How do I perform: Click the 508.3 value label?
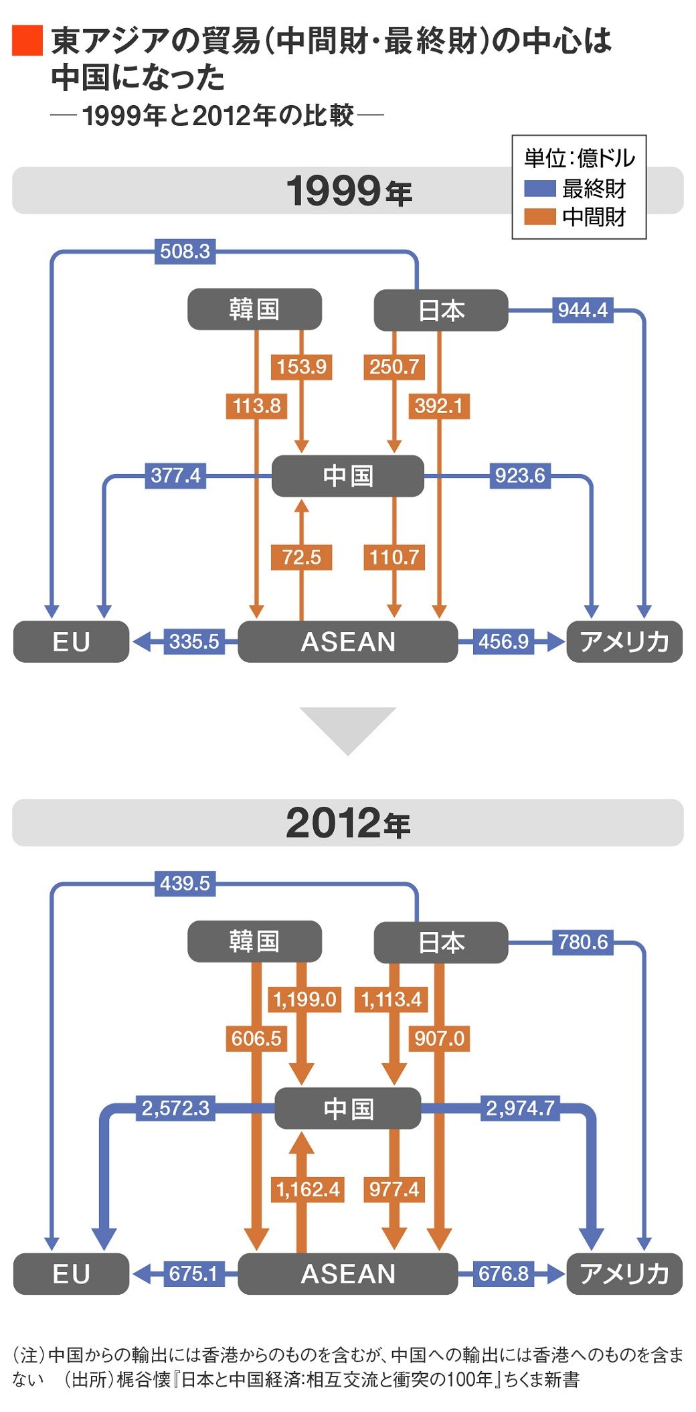point(185,252)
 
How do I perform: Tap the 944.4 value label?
point(582,310)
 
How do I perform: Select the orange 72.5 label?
point(301,557)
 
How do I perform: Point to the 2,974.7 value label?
point(520,1108)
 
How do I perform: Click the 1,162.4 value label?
point(308,1189)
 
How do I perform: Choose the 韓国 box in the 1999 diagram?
point(254,309)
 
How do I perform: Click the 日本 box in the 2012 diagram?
point(440,942)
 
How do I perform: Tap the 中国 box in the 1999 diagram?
point(347,476)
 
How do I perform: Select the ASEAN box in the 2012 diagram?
point(347,1273)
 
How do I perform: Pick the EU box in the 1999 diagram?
point(71,641)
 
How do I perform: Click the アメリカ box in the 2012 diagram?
point(624,1273)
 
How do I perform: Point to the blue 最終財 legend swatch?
point(539,189)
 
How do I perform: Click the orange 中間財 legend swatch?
point(539,217)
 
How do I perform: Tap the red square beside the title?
point(27,40)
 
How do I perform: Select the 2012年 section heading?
point(347,823)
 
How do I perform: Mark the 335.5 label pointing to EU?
point(194,641)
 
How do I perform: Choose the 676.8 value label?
point(503,1273)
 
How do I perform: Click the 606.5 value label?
point(256,1038)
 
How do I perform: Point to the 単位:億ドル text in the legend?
point(579,159)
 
